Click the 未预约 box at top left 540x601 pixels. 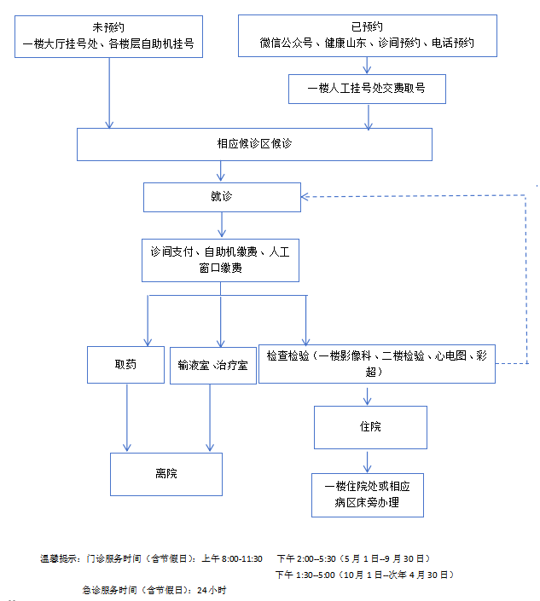tap(108, 35)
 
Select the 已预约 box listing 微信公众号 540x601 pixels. tap(367, 35)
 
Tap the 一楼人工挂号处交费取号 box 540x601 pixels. tap(367, 88)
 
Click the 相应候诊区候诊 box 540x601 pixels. tap(254, 144)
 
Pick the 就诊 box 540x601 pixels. tap(222, 197)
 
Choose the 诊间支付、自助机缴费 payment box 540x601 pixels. tap(220, 259)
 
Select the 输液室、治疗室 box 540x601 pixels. tap(212, 365)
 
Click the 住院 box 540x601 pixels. tap(369, 427)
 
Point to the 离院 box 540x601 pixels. tap(166, 474)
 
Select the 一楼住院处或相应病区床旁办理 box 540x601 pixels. tap(368, 494)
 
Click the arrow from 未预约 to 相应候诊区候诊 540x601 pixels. tap(109, 94)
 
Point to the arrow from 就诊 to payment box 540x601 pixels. tap(222, 225)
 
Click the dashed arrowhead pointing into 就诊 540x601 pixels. tap(307, 197)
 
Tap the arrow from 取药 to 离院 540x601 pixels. tap(127, 418)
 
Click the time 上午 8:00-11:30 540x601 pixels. tap(231, 558)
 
